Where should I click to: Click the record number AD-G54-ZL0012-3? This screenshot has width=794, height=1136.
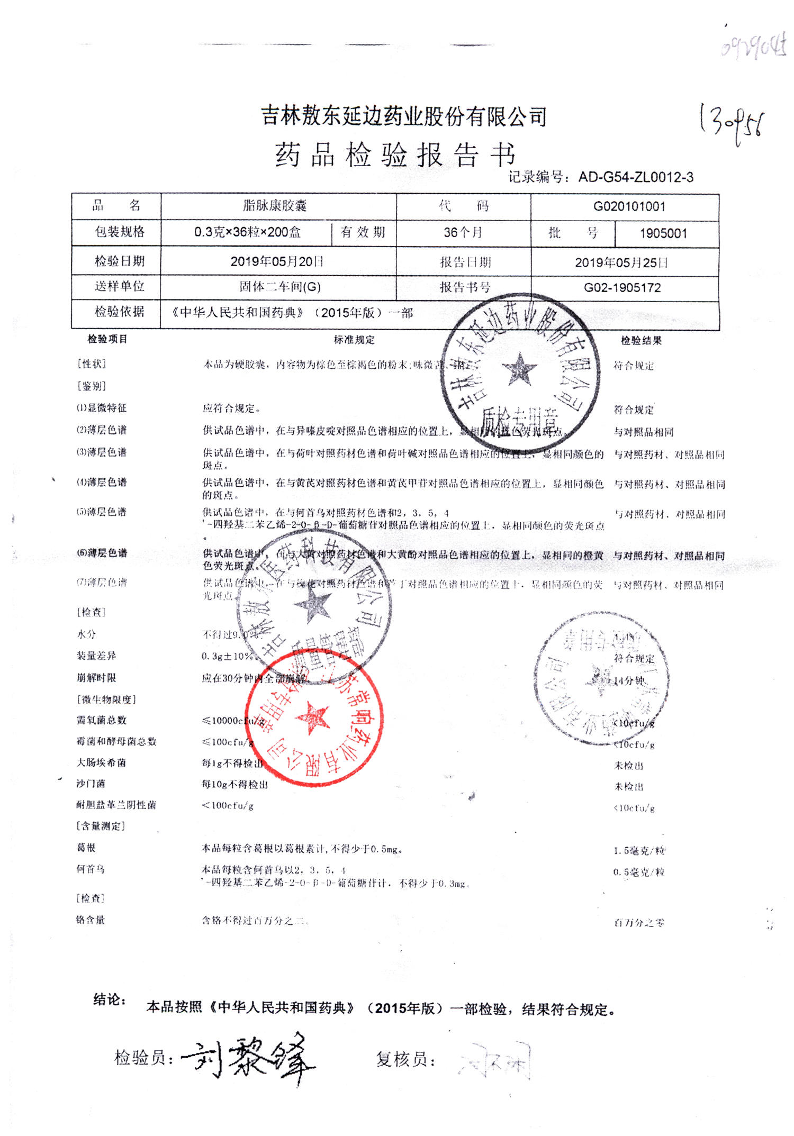click(x=635, y=177)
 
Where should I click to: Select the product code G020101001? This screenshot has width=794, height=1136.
click(x=629, y=206)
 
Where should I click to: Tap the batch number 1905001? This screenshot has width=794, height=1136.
click(x=663, y=233)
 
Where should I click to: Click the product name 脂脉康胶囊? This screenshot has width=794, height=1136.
click(x=275, y=205)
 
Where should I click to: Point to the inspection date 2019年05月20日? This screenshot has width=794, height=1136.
click(x=277, y=261)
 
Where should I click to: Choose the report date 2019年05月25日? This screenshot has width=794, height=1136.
click(x=621, y=262)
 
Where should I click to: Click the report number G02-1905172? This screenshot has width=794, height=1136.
click(x=622, y=288)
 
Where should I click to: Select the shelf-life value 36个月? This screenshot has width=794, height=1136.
click(x=463, y=232)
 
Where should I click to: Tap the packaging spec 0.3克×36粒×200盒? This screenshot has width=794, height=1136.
click(x=247, y=232)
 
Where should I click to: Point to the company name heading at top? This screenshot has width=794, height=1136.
click(x=404, y=116)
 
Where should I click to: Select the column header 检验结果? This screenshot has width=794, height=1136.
click(x=641, y=341)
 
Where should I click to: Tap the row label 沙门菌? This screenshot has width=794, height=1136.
click(x=91, y=784)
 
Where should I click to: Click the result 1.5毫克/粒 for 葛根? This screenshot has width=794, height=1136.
click(x=639, y=851)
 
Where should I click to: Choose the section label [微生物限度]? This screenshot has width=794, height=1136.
click(x=106, y=699)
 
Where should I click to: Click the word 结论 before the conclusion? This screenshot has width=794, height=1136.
click(x=109, y=999)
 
